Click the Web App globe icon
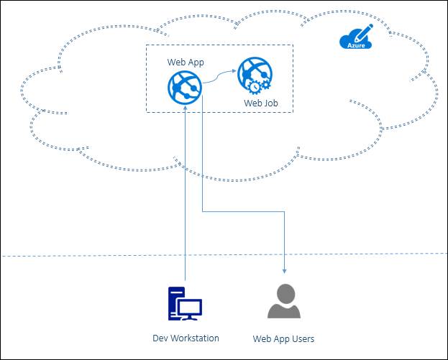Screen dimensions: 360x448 click(183, 86)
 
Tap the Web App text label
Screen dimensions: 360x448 click(186, 63)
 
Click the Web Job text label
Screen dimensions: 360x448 click(260, 103)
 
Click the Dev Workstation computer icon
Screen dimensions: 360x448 click(184, 303)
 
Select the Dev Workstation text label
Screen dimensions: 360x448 click(186, 338)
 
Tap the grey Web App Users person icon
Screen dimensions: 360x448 click(284, 301)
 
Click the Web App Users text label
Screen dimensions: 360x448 click(283, 338)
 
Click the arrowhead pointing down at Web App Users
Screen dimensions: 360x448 click(285, 271)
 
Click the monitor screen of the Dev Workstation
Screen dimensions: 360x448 click(191, 308)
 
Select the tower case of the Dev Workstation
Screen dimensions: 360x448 click(175, 302)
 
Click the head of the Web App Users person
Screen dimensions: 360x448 click(285, 292)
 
